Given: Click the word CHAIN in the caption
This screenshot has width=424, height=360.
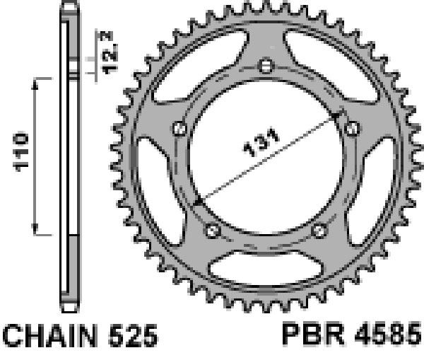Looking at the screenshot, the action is pos(50,336).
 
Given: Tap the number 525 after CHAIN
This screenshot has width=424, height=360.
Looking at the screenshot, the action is pos(134,336).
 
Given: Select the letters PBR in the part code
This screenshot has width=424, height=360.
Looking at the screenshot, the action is pos(313,333).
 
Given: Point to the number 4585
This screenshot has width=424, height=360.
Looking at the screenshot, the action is pos(388,333).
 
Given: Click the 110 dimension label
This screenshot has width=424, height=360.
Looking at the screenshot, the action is pos(20,151).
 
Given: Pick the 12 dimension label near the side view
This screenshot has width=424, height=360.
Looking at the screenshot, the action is pos(110,59).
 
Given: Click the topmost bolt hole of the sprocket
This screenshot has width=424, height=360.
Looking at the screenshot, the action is pos(266,66).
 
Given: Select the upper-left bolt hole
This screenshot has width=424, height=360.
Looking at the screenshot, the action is pos(179,129).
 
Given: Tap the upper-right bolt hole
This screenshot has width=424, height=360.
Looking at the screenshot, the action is pos(353,129).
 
